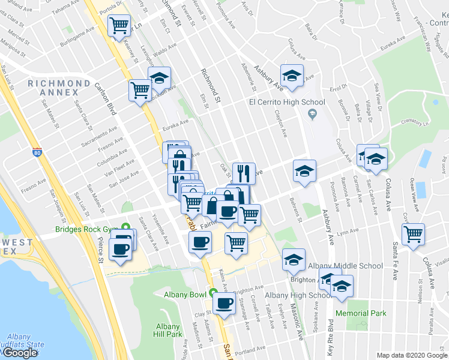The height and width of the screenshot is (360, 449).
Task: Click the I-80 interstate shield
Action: [x=38, y=153]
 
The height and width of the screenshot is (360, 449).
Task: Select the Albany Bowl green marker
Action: [x=213, y=293]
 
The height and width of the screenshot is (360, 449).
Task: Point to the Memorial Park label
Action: [x=361, y=313]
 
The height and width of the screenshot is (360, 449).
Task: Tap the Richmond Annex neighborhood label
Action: [x=53, y=88]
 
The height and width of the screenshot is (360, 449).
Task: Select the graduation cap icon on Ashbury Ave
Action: [x=291, y=75]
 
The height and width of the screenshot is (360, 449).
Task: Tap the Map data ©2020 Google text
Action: [x=412, y=355]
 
